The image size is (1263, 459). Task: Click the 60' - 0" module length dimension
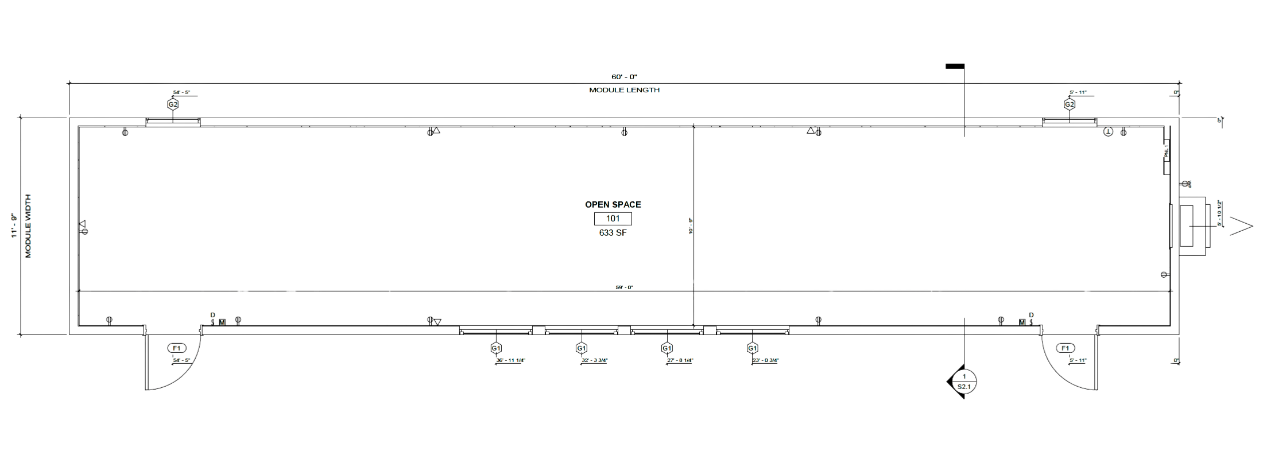tap(624, 76)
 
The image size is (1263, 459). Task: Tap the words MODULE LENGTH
tap(624, 90)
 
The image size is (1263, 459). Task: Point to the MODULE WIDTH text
tap(27, 225)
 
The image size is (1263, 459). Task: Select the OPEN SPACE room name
tap(613, 204)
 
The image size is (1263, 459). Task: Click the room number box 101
tap(613, 219)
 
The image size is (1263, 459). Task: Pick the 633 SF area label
tap(613, 232)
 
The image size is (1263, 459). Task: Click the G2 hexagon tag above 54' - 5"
tap(173, 105)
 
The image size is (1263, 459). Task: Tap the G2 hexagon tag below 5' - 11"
tap(1069, 105)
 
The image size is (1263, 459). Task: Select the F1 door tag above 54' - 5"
tap(176, 348)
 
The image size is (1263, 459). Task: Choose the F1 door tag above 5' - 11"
tap(1066, 348)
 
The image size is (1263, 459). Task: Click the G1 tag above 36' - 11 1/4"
tap(495, 348)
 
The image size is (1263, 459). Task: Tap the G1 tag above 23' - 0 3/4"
tap(752, 348)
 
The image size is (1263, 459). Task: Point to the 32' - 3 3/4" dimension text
tap(594, 361)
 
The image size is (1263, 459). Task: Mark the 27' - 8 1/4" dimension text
tap(680, 361)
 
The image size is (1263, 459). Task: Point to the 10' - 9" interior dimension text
tap(690, 225)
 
